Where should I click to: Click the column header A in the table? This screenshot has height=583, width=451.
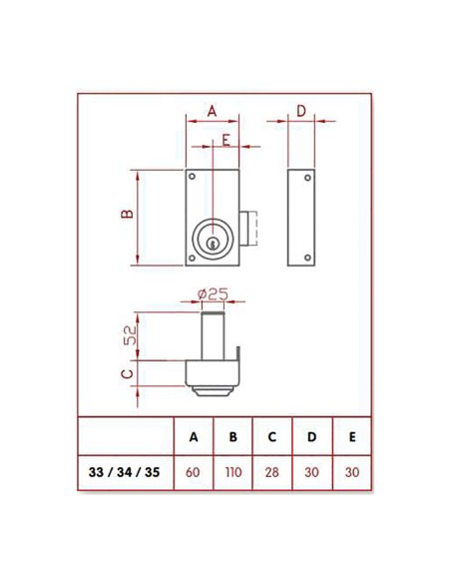[x=193, y=436]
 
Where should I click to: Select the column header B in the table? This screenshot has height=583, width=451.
[x=232, y=436]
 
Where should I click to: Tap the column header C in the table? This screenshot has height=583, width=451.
[x=272, y=436]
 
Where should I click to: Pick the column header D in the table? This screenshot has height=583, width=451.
[x=312, y=436]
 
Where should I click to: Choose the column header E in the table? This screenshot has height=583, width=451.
[x=351, y=436]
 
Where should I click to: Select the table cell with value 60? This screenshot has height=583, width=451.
[x=193, y=472]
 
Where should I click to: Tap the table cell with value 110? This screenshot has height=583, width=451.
[x=232, y=472]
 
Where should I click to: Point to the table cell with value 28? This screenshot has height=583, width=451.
[x=272, y=472]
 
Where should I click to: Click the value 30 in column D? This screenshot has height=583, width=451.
[x=312, y=472]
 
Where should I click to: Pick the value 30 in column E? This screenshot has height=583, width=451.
[x=351, y=472]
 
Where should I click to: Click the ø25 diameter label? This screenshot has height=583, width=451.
[x=214, y=293]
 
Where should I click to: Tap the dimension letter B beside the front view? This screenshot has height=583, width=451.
[x=127, y=216]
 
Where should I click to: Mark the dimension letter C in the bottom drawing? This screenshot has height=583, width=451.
[x=128, y=372]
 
